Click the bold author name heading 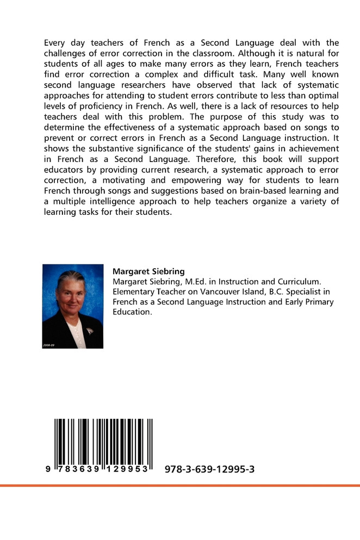click(x=148, y=271)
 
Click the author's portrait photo click(x=73, y=306)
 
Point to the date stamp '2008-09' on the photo click(x=49, y=345)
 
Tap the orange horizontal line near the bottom click(x=180, y=485)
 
